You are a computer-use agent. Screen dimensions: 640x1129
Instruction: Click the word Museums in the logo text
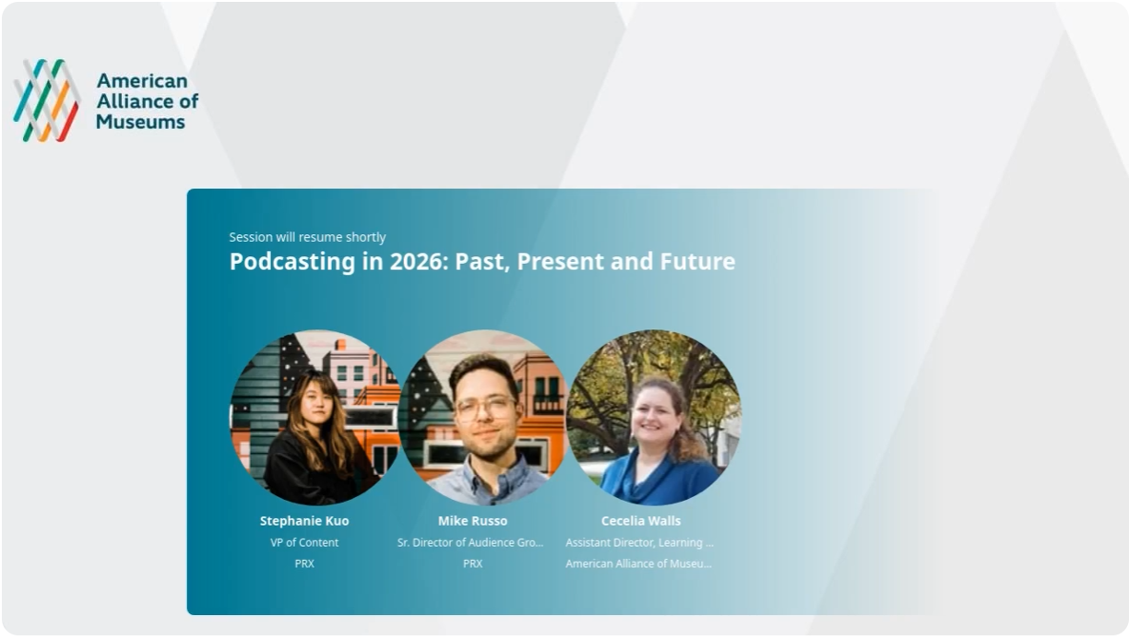(140, 122)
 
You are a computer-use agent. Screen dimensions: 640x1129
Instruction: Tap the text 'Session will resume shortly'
(307, 237)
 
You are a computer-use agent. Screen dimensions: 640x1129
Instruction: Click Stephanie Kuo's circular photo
(315, 418)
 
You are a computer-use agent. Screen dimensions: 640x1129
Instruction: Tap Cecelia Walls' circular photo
(653, 418)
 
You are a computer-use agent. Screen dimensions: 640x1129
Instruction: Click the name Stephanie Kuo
(304, 521)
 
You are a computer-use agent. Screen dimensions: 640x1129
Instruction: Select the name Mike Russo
(472, 521)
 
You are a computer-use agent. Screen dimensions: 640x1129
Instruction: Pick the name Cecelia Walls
(641, 521)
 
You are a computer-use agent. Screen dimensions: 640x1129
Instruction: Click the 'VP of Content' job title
(304, 542)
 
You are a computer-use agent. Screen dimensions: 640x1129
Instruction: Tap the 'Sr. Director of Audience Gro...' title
(470, 542)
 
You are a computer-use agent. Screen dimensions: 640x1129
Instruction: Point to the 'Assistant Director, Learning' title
(639, 542)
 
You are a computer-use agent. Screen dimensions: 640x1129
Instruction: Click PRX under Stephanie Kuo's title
(304, 563)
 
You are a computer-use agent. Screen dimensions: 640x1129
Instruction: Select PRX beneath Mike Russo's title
(472, 563)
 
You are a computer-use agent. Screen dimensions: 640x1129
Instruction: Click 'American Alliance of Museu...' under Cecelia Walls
(639, 563)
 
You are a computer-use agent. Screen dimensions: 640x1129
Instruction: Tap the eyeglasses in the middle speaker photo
(485, 407)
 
